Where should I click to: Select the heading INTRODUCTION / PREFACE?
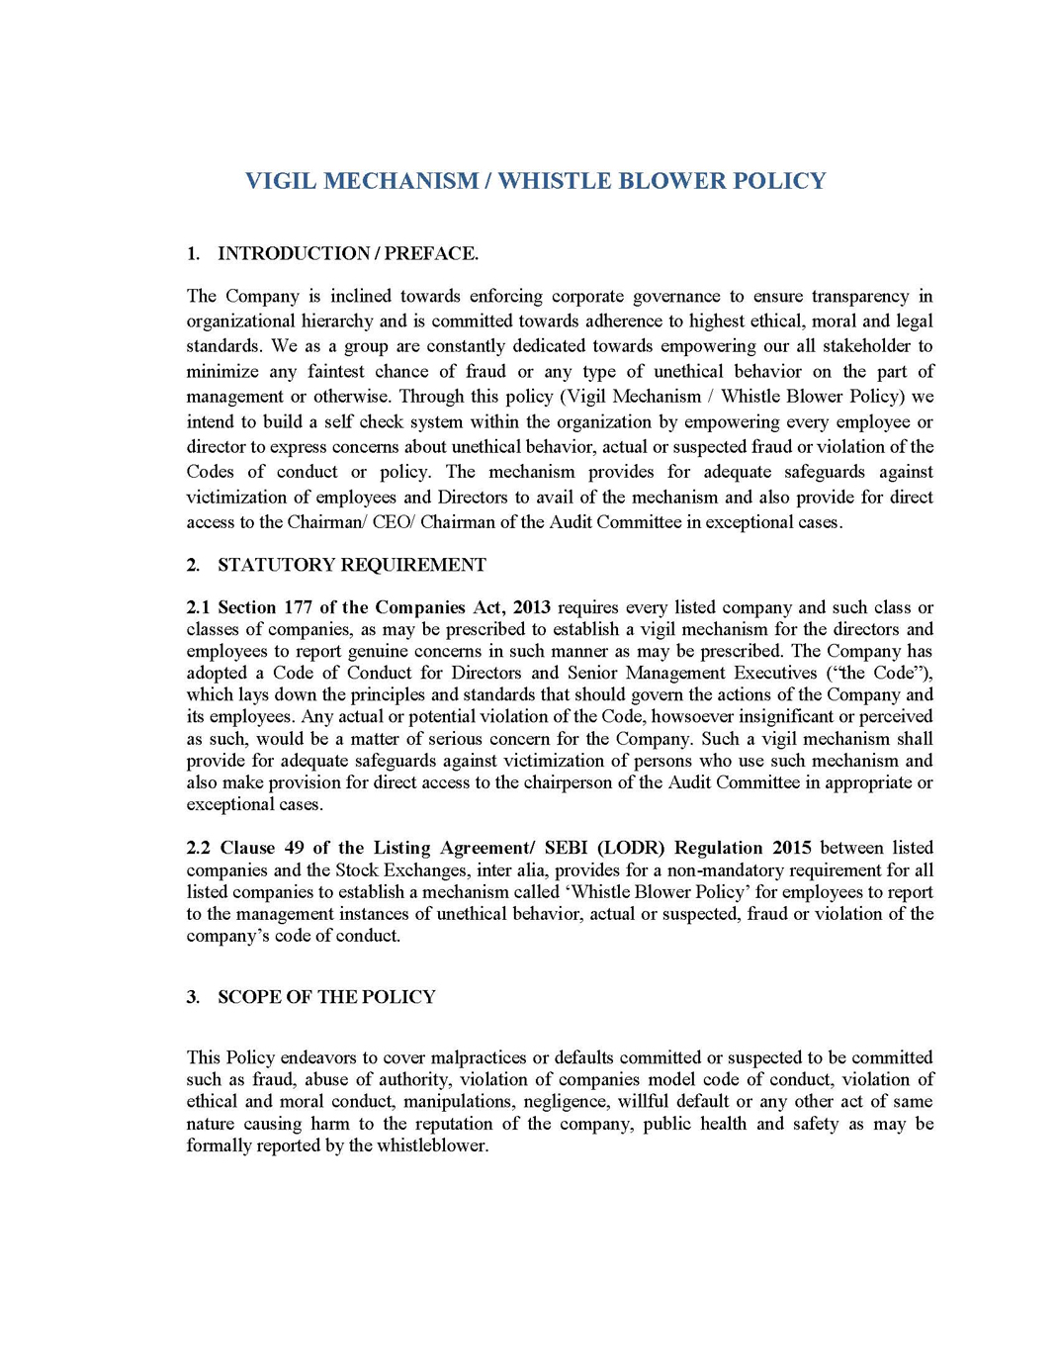tap(348, 253)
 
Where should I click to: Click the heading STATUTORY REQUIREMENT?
tap(352, 565)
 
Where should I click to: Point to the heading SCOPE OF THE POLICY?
tap(326, 997)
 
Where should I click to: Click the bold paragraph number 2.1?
tap(198, 607)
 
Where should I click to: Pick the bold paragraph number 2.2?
tap(198, 848)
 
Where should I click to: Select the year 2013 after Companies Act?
tap(532, 607)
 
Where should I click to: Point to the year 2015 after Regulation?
tap(792, 848)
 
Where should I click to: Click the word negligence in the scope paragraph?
tap(566, 1101)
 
